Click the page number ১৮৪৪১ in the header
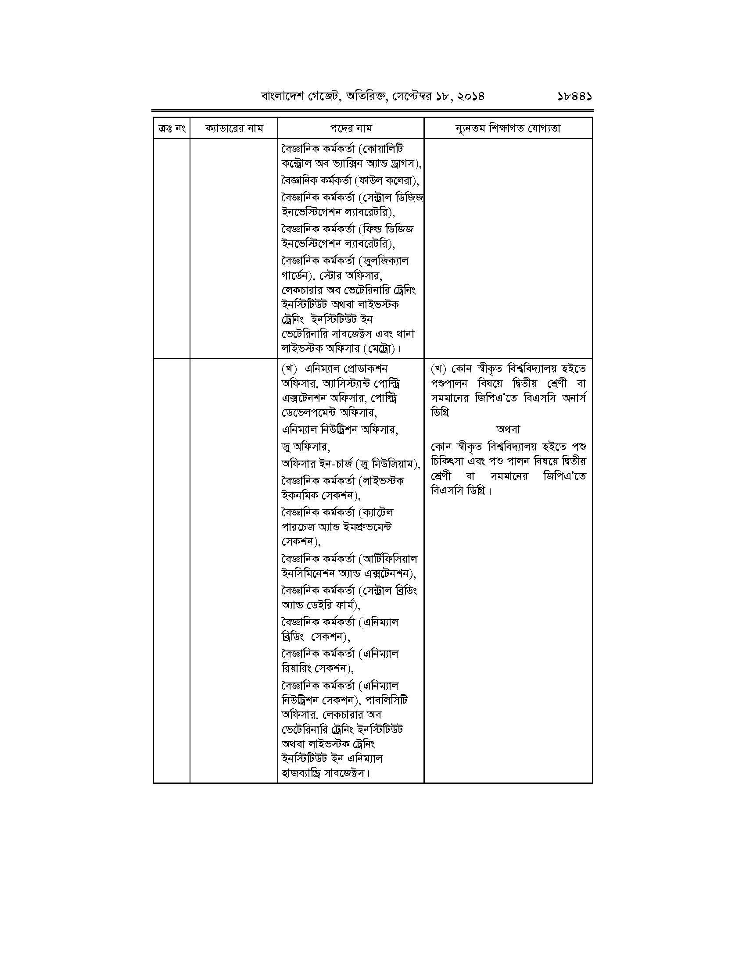coord(574,96)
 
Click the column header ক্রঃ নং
coord(172,129)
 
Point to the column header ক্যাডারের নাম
coord(234,129)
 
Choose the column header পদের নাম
coord(351,129)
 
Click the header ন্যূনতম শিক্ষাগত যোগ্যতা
coord(508,129)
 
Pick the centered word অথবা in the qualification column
coord(508,429)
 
